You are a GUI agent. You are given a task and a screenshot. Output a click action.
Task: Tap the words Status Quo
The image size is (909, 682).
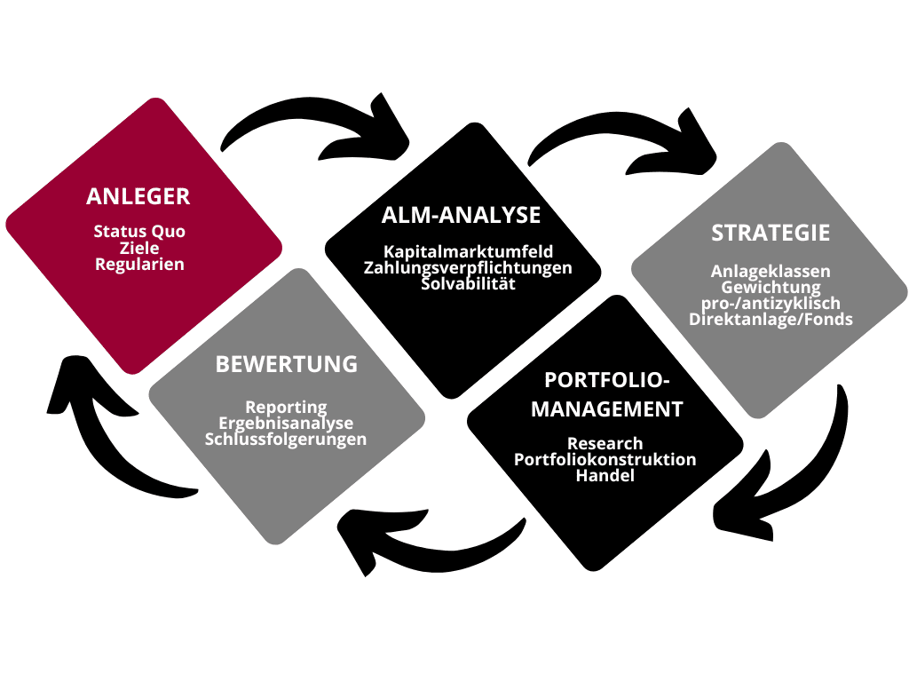139,232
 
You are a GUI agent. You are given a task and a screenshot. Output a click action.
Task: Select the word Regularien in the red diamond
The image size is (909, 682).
139,265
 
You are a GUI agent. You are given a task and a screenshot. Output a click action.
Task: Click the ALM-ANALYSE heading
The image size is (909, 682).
461,215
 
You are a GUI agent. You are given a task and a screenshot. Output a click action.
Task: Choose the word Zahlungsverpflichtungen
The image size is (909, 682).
468,267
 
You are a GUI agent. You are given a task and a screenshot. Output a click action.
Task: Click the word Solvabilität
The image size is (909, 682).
468,283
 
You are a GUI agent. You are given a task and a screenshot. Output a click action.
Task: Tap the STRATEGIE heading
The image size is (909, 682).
771,233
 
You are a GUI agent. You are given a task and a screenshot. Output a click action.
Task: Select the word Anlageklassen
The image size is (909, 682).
771,272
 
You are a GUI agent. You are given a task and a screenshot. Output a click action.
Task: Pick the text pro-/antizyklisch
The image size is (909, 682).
771,304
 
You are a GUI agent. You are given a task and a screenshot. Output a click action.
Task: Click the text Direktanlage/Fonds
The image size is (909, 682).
771,320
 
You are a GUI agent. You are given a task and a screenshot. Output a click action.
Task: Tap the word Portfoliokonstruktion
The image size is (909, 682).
605,459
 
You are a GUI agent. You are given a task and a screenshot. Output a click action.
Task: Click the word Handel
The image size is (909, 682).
605,476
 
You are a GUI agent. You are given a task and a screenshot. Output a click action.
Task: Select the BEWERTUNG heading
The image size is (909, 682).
286,364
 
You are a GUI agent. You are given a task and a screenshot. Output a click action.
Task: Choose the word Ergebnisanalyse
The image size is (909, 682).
286,423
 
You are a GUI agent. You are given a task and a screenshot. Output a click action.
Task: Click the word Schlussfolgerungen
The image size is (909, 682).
286,439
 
